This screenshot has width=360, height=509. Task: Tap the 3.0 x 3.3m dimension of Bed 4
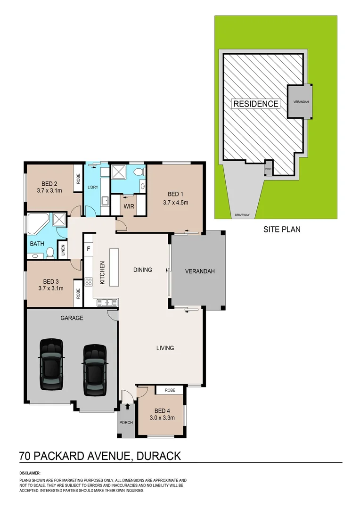[x=163, y=418]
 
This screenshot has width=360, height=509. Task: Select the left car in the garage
[x=51, y=364]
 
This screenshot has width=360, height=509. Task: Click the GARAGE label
[x=72, y=318]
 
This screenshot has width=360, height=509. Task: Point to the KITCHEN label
[x=102, y=273]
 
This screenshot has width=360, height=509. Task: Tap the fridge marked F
[x=88, y=248]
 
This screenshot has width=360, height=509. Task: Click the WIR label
[x=130, y=206]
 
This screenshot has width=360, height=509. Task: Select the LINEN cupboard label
[x=63, y=250]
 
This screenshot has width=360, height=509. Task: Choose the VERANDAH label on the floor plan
[x=200, y=271]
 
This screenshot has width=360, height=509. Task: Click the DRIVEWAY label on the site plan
[x=243, y=215]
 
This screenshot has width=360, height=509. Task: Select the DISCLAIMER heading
[x=30, y=473]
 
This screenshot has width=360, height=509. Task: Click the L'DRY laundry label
[x=92, y=187]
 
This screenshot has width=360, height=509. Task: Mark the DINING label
[x=143, y=270]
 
